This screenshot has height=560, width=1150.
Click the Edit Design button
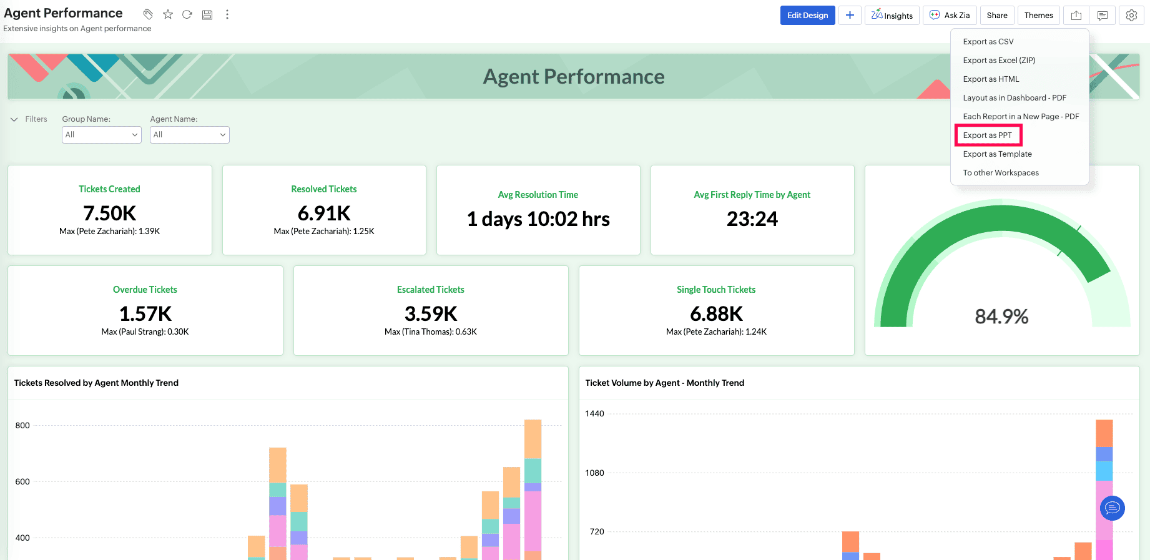(807, 16)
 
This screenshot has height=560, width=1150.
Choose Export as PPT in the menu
(988, 135)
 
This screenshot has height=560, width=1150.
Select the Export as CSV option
(988, 42)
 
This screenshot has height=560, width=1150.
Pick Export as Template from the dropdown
(997, 154)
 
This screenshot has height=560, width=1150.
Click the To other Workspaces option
(1001, 173)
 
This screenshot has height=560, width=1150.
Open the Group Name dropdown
(102, 135)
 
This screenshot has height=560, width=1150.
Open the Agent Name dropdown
(190, 135)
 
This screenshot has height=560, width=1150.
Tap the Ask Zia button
(950, 16)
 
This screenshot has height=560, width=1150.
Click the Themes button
(1038, 16)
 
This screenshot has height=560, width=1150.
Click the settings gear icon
(1131, 16)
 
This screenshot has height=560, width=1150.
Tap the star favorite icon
(168, 14)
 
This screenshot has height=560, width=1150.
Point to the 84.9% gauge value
(1001, 317)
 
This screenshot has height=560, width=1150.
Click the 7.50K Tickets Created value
(110, 214)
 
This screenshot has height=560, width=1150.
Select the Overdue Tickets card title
(145, 290)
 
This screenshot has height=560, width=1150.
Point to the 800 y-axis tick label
(22, 426)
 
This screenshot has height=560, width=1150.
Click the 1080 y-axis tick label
(594, 473)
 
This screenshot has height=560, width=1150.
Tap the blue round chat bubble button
(1112, 508)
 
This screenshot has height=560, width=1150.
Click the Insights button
(892, 16)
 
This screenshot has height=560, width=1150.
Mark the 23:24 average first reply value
(752, 219)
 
